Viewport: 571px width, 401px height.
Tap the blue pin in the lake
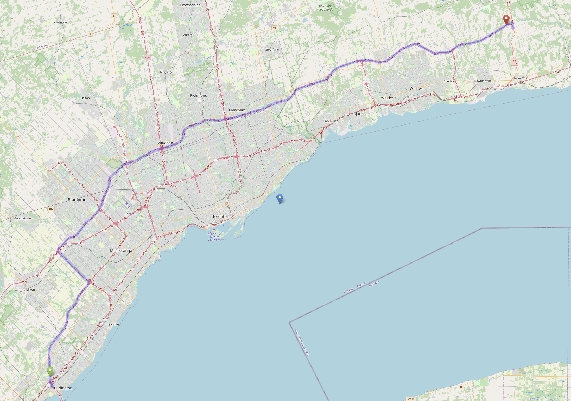[x=280, y=199]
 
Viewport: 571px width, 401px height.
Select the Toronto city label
[x=219, y=216]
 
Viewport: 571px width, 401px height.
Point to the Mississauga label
[x=121, y=251]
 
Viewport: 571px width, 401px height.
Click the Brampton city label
[x=77, y=200]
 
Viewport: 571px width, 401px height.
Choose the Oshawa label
[x=417, y=89]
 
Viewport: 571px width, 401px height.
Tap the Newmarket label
[x=190, y=5]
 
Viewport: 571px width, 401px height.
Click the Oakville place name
[x=112, y=324]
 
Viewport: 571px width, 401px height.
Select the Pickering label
[x=331, y=121]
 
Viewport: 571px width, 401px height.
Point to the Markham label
[x=237, y=110]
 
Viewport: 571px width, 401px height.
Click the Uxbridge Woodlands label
[x=325, y=8]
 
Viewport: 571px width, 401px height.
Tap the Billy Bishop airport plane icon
[x=214, y=230]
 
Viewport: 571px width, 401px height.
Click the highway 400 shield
[x=147, y=57]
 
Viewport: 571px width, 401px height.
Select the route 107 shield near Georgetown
[x=51, y=209]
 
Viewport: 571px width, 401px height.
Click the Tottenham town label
[x=60, y=23]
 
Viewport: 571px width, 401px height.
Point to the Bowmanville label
[x=483, y=81]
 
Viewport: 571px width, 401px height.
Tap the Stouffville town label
[x=272, y=50]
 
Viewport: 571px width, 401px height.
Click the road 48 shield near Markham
[x=263, y=77]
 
